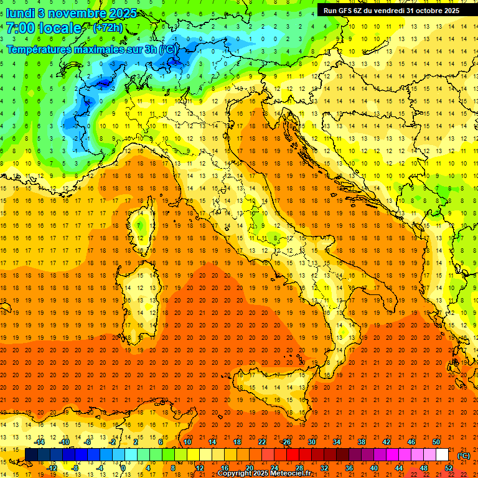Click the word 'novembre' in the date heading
coord(78,13)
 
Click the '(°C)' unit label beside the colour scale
coord(464,456)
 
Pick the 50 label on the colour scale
coord(436,442)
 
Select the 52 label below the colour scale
coord(448,468)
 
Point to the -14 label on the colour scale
coord(39,442)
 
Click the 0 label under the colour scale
coord(123,468)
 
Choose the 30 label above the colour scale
coord(311,442)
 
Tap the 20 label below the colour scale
coord(249,468)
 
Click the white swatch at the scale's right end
coord(442,455)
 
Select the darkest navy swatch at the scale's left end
coord(31,455)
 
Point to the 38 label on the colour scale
coord(361,442)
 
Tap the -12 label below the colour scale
coord(52,468)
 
